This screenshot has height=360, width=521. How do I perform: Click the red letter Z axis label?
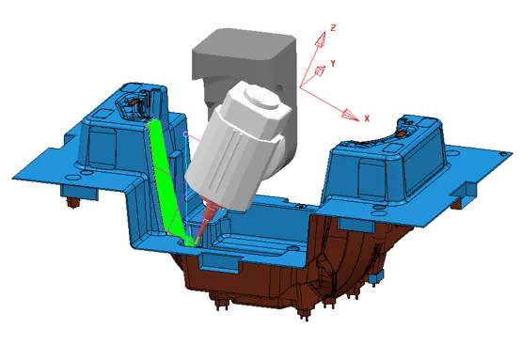click(333, 28)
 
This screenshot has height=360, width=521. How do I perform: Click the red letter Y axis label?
click(333, 63)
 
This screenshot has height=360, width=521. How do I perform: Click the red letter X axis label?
click(367, 118)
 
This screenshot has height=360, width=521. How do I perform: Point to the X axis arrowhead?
click(350, 115)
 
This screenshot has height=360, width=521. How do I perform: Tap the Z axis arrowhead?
click(321, 39)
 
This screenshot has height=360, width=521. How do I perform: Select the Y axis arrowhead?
click(320, 70)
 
